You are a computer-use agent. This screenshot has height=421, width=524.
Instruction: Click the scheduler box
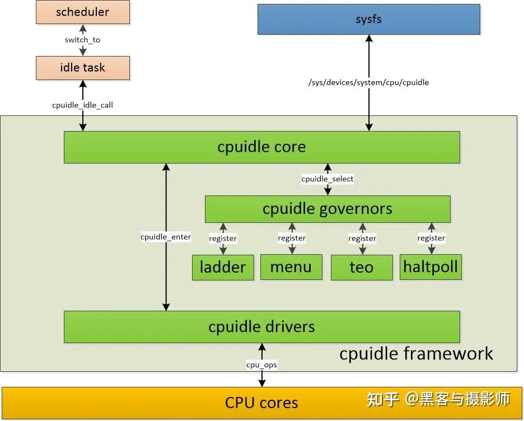[82, 12]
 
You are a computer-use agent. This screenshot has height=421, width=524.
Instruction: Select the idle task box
[82, 68]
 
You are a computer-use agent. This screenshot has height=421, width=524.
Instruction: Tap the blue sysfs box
[368, 20]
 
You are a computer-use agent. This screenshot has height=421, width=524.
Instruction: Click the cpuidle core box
[261, 147]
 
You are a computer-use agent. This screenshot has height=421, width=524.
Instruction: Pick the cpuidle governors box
[327, 209]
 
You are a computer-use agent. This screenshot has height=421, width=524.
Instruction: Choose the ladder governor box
[223, 267]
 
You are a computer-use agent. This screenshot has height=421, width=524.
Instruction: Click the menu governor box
[291, 267]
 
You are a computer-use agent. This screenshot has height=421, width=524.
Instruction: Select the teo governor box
[361, 267]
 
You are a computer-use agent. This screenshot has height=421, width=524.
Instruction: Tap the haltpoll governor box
[431, 267]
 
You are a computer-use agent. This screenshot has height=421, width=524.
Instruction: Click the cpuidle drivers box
[261, 327]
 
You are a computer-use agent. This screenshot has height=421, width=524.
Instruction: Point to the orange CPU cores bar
[261, 402]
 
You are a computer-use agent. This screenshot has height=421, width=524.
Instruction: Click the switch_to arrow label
[82, 40]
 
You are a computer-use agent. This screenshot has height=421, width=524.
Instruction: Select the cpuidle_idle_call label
[82, 105]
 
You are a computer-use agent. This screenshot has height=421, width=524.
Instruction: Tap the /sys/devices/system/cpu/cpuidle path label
[368, 82]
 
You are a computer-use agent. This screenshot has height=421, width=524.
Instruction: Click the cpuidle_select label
[327, 179]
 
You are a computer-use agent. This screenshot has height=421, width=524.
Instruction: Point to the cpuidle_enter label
[166, 237]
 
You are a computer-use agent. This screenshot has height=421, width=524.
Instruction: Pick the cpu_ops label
[261, 365]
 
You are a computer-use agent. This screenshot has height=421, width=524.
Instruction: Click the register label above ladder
[223, 238]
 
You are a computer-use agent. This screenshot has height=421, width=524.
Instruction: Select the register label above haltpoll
[431, 238]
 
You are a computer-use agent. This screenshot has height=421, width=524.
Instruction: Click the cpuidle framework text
[416, 354]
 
